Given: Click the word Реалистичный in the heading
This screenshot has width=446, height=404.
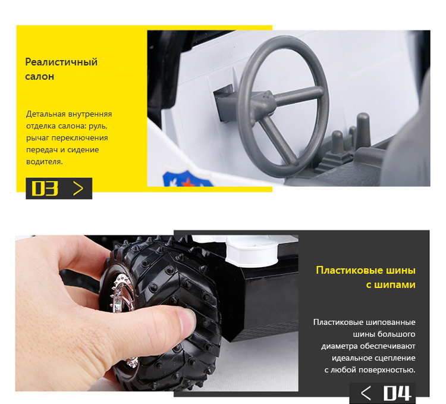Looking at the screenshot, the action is click(61, 62).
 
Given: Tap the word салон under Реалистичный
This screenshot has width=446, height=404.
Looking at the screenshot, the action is click(39, 77).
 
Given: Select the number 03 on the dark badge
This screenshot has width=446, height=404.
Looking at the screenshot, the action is click(45, 189).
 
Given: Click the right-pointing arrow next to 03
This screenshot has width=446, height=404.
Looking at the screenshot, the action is click(78, 189).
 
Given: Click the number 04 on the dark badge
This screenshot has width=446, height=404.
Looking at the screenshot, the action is click(397, 393).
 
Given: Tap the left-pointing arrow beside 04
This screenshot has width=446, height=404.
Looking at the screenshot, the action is click(366, 393).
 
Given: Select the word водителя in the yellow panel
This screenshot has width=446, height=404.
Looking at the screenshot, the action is click(45, 162).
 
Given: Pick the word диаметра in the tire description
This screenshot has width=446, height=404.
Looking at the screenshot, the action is click(340, 346).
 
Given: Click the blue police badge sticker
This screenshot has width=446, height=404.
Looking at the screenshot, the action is click(188, 179).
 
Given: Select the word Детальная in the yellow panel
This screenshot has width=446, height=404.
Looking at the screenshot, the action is click(46, 114).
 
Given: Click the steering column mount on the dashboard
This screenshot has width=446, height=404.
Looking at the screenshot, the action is click(225, 102).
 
